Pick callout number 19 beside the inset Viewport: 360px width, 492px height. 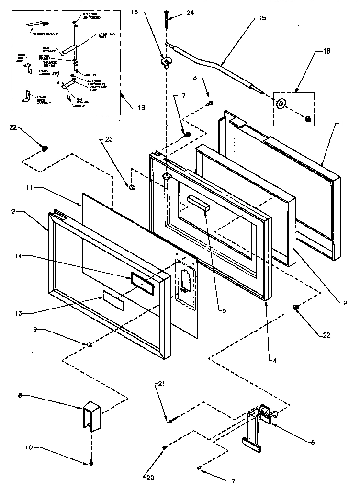tap(141, 108)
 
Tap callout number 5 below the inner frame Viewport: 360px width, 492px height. tap(224, 310)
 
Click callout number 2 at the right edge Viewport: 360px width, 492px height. tap(344, 303)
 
